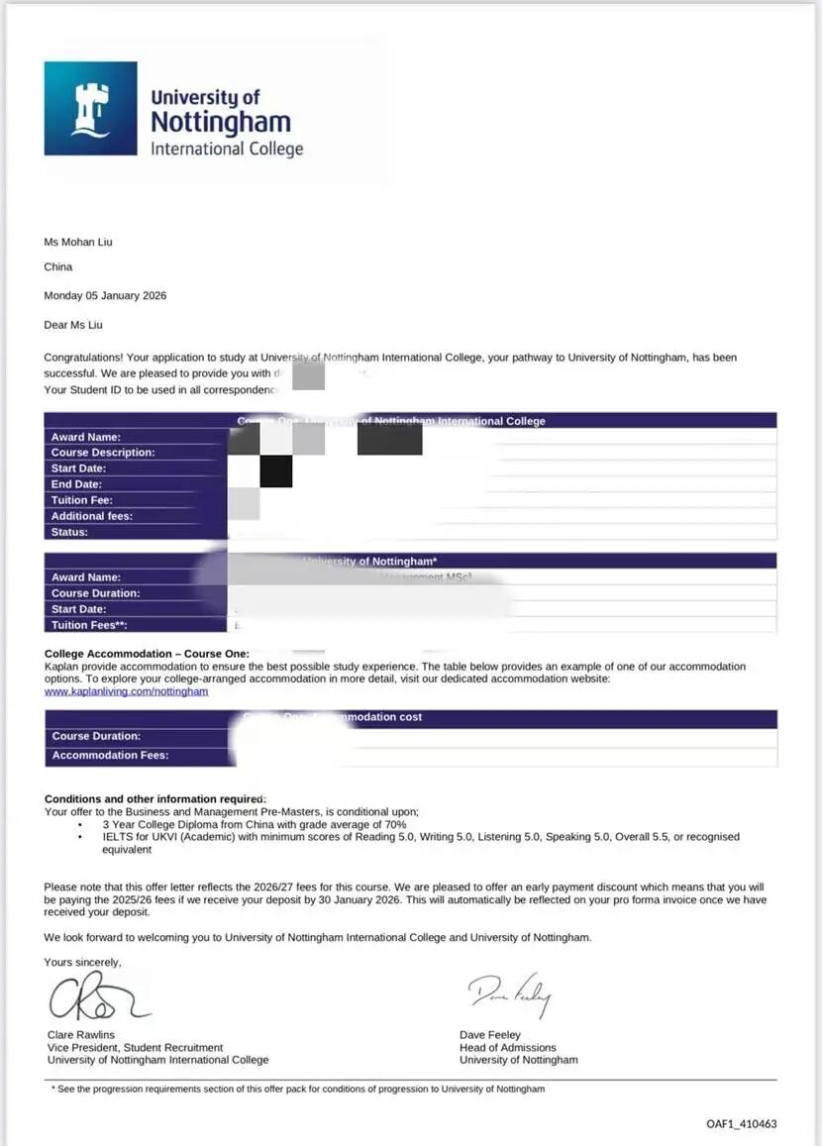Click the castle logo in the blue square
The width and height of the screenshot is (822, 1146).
90,109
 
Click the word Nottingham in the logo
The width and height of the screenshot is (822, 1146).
220,123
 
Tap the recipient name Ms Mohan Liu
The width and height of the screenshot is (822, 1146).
78,242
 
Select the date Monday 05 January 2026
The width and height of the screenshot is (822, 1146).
105,296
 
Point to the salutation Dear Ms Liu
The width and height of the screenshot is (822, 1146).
73,325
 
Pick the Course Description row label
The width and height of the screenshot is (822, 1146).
103,453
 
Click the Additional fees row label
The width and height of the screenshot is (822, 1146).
92,516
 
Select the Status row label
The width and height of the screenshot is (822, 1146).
69,532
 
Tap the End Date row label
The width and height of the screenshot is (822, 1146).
78,484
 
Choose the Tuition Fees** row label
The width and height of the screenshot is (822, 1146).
89,625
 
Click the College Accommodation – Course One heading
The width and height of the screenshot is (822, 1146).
147,654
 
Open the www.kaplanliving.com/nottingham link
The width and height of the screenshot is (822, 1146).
126,691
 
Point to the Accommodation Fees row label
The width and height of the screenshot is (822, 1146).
110,756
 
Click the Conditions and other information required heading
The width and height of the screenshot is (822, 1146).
154,799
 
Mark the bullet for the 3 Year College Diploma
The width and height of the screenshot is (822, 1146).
80,824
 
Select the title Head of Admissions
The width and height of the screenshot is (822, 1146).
508,1047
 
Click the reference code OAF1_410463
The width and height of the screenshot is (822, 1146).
742,1124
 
